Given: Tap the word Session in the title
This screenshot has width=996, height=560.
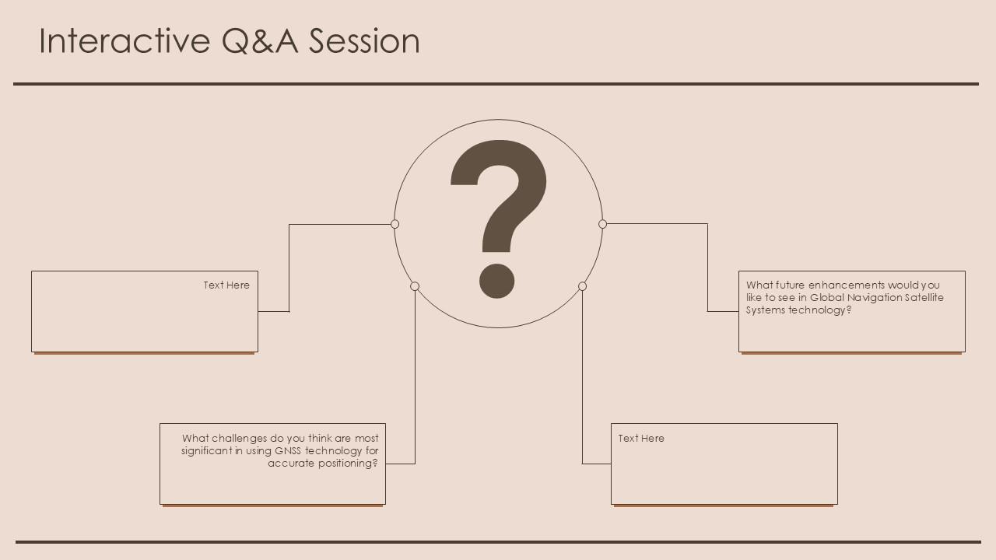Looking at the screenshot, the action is (364, 40).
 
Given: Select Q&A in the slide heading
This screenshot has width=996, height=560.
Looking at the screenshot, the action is (260, 40).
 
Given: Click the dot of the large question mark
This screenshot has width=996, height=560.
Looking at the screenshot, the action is (496, 281).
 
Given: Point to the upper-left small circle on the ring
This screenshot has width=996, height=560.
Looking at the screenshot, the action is (395, 224).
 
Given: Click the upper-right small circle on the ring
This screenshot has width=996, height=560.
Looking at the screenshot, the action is (602, 224).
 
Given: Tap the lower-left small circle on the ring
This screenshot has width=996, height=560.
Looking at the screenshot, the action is (415, 286).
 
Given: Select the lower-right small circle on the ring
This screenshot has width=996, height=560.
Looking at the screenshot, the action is (582, 286).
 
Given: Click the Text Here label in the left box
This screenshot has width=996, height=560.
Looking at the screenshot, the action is (226, 285).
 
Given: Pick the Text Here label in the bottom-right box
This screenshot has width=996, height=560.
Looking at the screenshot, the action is (641, 438).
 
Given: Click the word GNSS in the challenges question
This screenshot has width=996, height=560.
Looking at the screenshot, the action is (288, 450).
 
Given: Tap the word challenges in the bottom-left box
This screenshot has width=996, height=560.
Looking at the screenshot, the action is (239, 439).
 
